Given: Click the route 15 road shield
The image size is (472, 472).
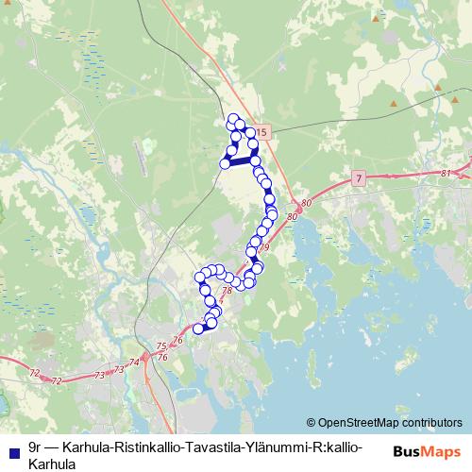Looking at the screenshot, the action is [261, 132].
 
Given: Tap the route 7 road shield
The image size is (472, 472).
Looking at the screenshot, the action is [359, 177].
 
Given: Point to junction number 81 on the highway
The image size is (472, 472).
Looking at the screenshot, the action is [445, 174].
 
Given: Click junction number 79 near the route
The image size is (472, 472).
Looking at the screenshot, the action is [264, 247].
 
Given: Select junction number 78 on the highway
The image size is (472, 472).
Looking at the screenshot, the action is [227, 291].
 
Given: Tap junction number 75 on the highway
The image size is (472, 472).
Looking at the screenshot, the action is [161, 346].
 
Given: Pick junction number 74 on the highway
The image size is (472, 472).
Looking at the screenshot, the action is [133, 362].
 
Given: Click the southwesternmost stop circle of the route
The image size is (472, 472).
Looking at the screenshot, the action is [198, 329].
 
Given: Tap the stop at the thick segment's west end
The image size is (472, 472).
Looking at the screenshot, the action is [225, 163].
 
